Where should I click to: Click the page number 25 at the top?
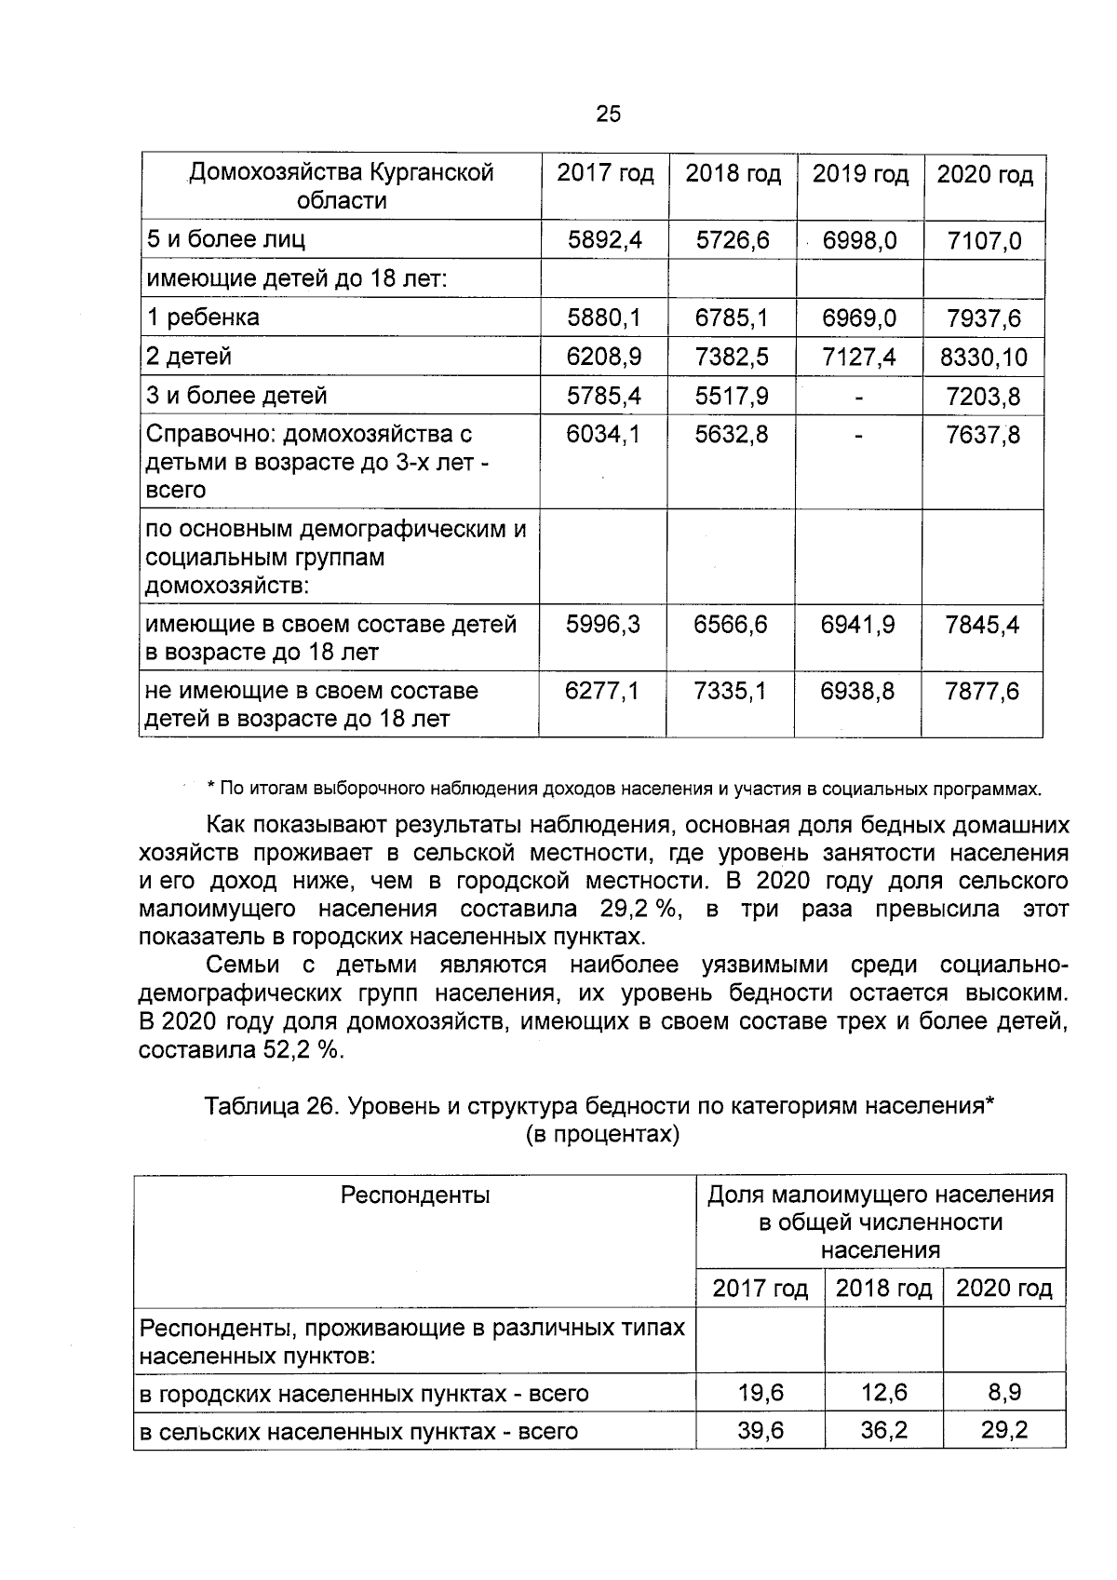click(x=607, y=115)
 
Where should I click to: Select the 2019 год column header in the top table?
click(x=860, y=175)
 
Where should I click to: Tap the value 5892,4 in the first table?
click(x=605, y=241)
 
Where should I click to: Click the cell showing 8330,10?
click(x=984, y=358)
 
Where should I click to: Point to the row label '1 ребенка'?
click(x=204, y=317)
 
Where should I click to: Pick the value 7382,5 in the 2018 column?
click(x=732, y=357)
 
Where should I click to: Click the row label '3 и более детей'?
click(x=237, y=396)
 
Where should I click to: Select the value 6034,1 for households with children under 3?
click(x=604, y=435)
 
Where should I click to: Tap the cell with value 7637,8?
click(x=983, y=436)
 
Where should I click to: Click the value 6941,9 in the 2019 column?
click(x=857, y=625)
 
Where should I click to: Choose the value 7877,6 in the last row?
click(x=982, y=692)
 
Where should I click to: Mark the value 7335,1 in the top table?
click(x=732, y=692)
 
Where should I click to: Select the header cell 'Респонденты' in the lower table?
click(x=415, y=1195)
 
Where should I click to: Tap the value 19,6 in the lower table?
click(x=760, y=1393)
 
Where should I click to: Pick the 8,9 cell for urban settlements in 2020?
click(x=1003, y=1393)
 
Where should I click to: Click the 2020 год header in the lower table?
click(x=1003, y=1289)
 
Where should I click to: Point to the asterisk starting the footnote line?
click(x=211, y=789)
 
